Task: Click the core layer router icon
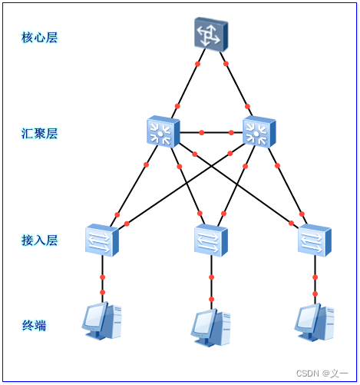coord(211,35)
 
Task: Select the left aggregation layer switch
coord(163,131)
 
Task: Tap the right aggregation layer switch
coord(259,131)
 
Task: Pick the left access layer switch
coord(102,240)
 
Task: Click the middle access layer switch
coord(211,240)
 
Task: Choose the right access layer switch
coord(315,240)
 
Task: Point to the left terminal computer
coord(102,320)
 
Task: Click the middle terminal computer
coord(210,328)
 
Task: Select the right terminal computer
coord(315,322)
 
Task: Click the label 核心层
coord(39,38)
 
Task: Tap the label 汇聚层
coord(39,134)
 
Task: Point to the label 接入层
coord(39,241)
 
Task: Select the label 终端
coord(34,326)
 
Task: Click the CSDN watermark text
coord(322,373)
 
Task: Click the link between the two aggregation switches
coord(211,132)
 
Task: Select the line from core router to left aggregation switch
coord(188,84)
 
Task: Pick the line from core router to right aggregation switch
coord(236,84)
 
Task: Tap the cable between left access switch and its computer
coord(102,279)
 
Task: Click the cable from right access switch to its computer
coord(315,280)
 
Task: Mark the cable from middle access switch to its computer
coord(211,283)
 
